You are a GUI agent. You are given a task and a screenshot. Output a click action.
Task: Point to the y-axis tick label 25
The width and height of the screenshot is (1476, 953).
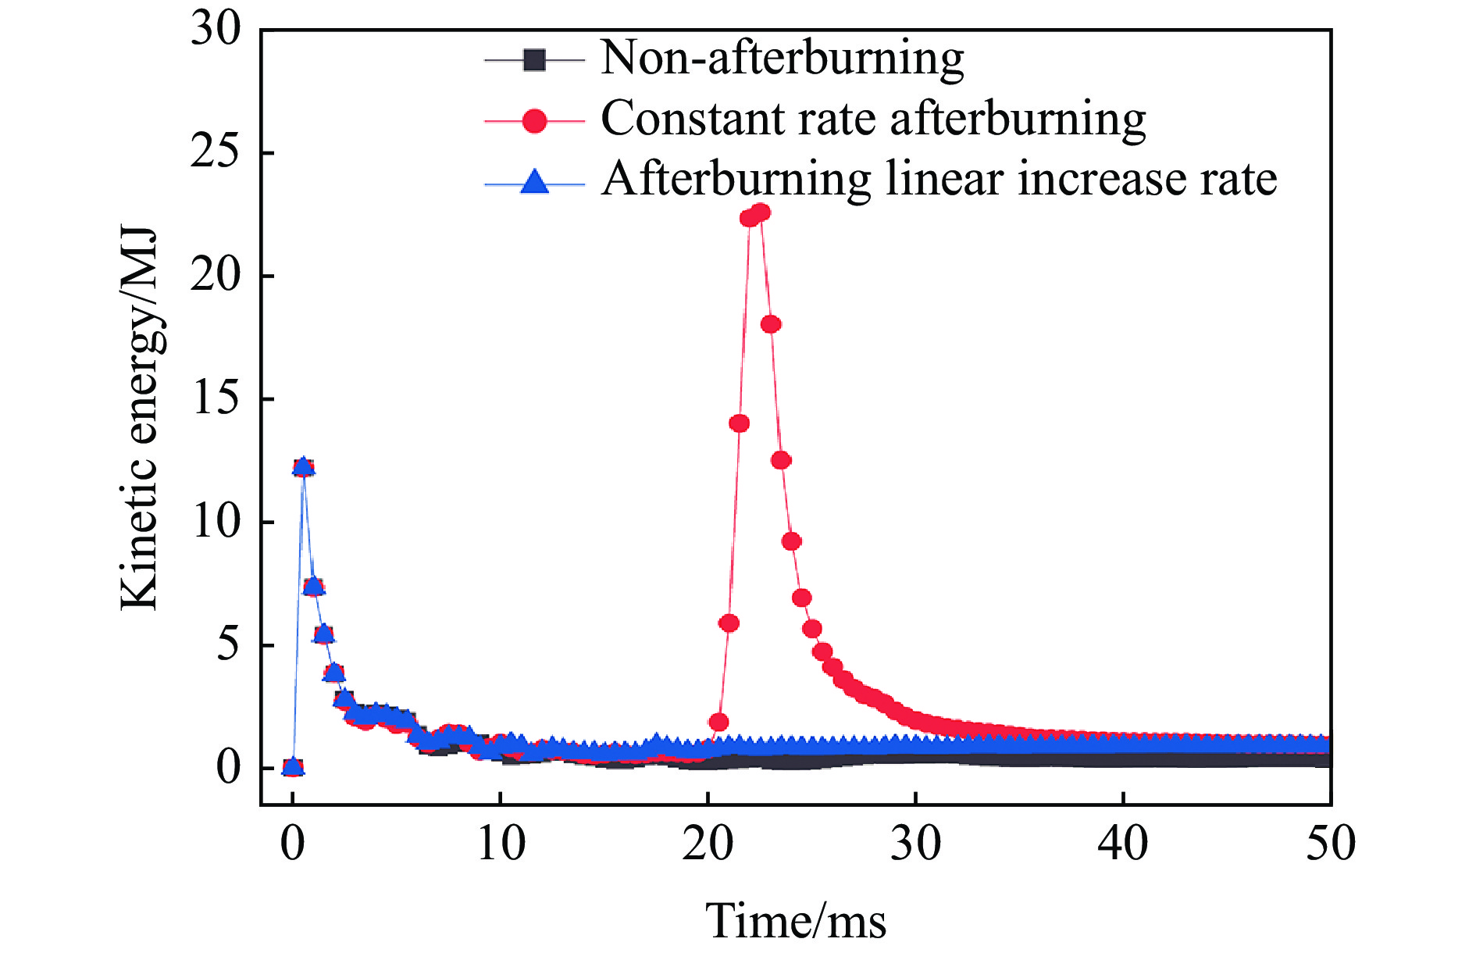coord(216,153)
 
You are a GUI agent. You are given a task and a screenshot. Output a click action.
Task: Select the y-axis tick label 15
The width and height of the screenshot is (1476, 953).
coord(216,399)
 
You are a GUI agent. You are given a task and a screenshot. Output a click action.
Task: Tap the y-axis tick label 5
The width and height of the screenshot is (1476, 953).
coord(228,645)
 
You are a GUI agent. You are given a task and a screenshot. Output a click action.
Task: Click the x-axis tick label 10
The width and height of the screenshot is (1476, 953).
coord(501,844)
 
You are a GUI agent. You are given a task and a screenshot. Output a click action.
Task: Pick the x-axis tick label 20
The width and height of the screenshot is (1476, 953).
coord(708,844)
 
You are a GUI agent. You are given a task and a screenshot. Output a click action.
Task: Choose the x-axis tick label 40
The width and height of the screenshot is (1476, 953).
coord(1123,844)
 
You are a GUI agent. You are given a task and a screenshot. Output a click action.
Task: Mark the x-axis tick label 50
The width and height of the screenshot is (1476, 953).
coord(1331,844)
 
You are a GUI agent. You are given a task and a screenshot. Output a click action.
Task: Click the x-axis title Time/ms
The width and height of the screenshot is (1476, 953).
coord(796,922)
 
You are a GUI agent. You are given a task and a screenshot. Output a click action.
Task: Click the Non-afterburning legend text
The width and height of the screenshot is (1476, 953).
coord(782,59)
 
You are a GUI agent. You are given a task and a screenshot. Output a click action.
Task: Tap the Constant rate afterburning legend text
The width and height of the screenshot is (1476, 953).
coord(873,120)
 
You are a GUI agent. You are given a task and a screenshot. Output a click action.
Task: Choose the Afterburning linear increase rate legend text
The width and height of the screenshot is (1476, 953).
coord(939,180)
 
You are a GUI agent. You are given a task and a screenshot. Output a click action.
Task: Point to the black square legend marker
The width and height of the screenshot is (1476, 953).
coord(534,60)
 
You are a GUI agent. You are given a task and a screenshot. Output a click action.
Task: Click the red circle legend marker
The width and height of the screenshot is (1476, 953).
coord(534,121)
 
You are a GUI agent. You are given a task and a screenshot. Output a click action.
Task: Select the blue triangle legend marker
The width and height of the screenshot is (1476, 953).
coord(534,183)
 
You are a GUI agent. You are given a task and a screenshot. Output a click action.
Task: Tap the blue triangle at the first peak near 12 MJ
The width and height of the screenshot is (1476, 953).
coord(303,466)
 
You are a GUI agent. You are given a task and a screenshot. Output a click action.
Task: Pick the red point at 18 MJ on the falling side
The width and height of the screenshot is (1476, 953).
coord(771,324)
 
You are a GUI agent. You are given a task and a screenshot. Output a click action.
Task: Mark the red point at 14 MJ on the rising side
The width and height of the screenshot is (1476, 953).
coord(739,423)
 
